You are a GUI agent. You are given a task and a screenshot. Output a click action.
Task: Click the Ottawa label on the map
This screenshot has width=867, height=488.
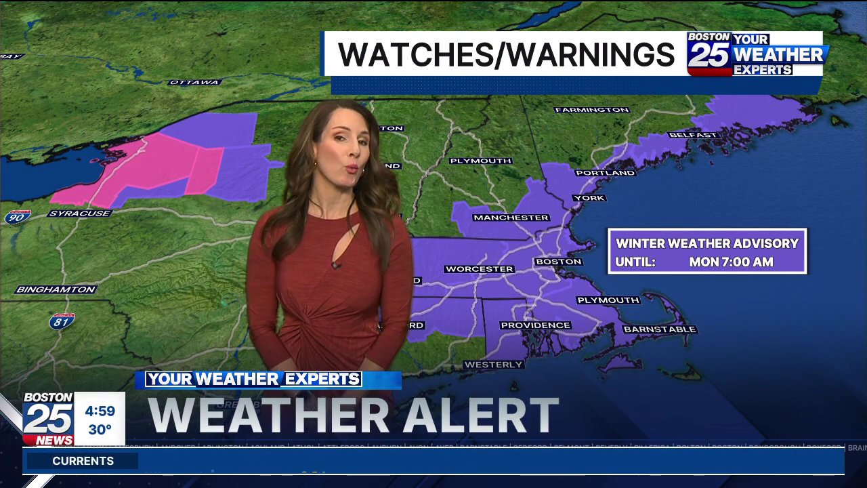click(x=194, y=82)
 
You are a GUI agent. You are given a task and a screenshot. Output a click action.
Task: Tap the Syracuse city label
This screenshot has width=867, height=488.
click(x=79, y=213)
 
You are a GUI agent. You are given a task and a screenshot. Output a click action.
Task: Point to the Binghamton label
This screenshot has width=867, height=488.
click(x=56, y=289)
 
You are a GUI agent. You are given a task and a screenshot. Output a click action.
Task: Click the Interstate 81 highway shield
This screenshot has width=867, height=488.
click(x=62, y=320)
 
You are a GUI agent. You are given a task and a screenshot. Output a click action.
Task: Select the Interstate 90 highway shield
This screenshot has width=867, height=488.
click(x=17, y=217)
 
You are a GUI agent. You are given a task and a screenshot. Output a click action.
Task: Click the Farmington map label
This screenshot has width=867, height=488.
click(x=592, y=110)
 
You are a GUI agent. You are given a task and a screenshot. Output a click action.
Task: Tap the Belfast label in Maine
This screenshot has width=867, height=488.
click(x=693, y=135)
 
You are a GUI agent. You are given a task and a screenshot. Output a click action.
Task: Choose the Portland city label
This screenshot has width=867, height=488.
click(x=606, y=173)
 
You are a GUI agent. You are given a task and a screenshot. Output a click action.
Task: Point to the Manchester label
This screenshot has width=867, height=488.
click(x=511, y=218)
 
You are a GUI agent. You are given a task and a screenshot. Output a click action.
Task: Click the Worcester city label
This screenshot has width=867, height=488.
click(x=479, y=269)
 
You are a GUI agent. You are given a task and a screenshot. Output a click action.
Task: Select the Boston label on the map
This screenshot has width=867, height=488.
click(x=559, y=262)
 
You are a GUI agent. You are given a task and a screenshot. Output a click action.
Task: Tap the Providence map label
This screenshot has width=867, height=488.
click(x=535, y=325)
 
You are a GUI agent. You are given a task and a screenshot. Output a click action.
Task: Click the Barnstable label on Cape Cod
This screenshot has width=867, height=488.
click(x=660, y=329)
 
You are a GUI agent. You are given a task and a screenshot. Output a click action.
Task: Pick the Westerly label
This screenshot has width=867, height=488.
click(x=494, y=365)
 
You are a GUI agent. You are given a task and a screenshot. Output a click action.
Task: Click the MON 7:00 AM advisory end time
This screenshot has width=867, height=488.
click(x=731, y=262)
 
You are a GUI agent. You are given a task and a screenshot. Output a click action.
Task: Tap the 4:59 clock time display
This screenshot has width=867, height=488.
click(x=100, y=411)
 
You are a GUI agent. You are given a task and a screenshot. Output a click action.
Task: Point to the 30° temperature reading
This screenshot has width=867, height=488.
click(x=100, y=430)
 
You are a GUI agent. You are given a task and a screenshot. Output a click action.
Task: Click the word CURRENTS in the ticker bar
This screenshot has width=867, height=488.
click(x=83, y=461)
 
